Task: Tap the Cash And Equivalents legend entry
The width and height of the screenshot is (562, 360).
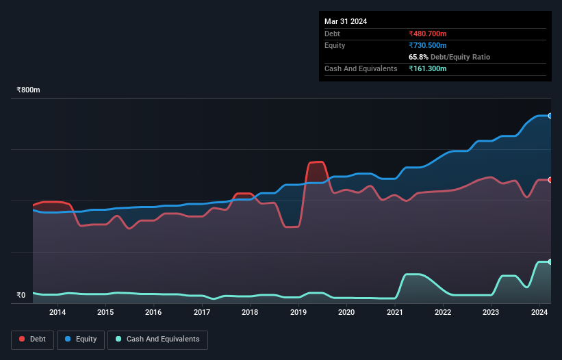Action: [x=157, y=339]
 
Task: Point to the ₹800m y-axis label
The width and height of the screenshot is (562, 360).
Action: [x=28, y=90]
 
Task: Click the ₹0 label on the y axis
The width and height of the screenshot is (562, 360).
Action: [x=21, y=296]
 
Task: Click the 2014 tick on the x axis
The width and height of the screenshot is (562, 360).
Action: [x=58, y=313]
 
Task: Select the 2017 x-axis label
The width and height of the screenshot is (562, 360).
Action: [x=202, y=313]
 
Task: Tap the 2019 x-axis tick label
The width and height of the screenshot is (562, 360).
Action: [x=298, y=313]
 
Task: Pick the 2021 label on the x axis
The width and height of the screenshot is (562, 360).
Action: [x=395, y=313]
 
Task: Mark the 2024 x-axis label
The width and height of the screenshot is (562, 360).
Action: [x=539, y=313]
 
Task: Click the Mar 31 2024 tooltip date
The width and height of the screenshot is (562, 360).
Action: [x=346, y=21]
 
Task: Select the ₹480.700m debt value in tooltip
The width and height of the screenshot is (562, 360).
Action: [x=428, y=34]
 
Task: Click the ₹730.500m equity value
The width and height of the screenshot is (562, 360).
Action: [x=428, y=45]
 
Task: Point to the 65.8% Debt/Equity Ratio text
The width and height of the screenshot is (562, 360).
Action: [x=449, y=57]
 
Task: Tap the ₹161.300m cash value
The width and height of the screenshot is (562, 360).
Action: [x=428, y=68]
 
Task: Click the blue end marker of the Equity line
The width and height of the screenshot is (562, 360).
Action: [x=550, y=116]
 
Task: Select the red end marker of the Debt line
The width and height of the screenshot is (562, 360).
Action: [x=550, y=180]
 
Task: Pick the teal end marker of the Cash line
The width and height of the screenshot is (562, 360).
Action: [x=550, y=262]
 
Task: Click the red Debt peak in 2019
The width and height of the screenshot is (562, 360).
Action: [x=316, y=162]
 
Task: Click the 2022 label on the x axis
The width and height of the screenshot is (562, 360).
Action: [x=443, y=313]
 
